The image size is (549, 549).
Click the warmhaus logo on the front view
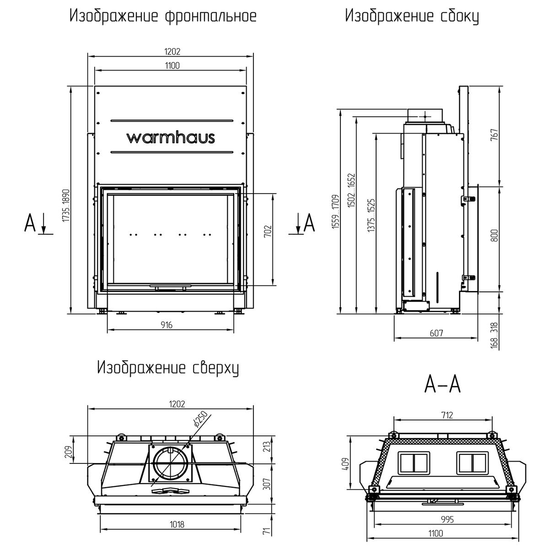(170, 137)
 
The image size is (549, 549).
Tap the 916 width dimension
(167, 325)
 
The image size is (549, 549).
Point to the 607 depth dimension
(436, 334)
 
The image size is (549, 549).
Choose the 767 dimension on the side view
(494, 136)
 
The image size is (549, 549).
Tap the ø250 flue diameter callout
(200, 419)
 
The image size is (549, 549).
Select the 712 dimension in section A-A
(447, 415)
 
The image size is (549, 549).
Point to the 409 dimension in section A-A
(346, 464)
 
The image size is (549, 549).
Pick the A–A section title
(442, 384)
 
